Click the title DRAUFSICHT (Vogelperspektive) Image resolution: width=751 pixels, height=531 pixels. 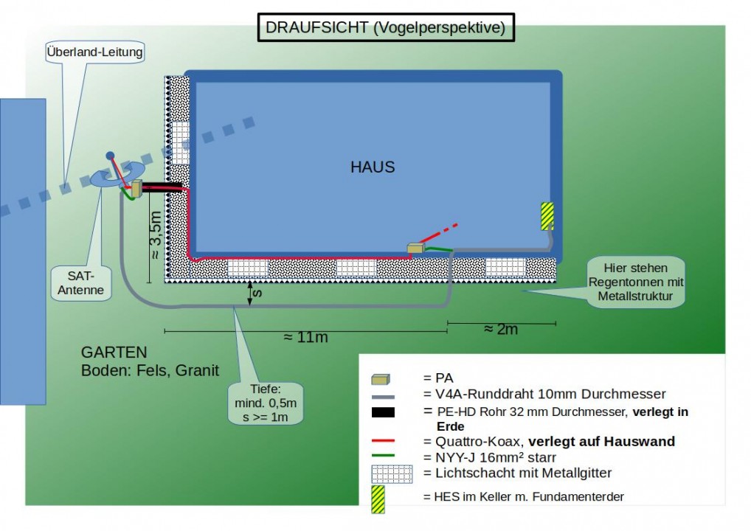[x=385, y=28]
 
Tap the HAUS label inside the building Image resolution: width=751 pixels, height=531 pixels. [x=373, y=167]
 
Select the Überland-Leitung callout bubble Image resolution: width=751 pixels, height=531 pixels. [x=94, y=52]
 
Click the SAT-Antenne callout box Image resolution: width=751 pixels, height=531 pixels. [x=82, y=282]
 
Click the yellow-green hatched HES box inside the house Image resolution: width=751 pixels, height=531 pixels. [x=547, y=215]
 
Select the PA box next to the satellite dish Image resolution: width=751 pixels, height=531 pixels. [x=136, y=190]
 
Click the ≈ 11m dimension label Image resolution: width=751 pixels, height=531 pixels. [x=306, y=337]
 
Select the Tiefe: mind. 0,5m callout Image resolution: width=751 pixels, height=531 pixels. [x=265, y=403]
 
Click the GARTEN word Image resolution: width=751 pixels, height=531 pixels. [x=114, y=353]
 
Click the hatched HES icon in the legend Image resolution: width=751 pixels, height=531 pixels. [x=378, y=496]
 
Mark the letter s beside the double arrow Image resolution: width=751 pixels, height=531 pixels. [x=258, y=293]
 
